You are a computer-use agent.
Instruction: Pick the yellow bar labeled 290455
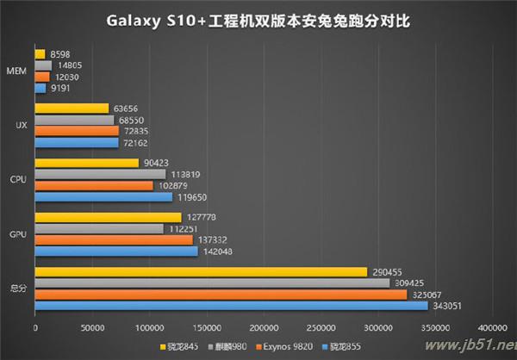[201, 272]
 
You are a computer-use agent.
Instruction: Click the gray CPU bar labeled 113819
[100, 174]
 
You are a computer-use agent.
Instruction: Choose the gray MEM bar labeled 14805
[43, 65]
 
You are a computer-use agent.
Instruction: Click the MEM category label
[15, 71]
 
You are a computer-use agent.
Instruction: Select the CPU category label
[16, 180]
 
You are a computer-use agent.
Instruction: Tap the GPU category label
[16, 234]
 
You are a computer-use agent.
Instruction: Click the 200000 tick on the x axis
[264, 328]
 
